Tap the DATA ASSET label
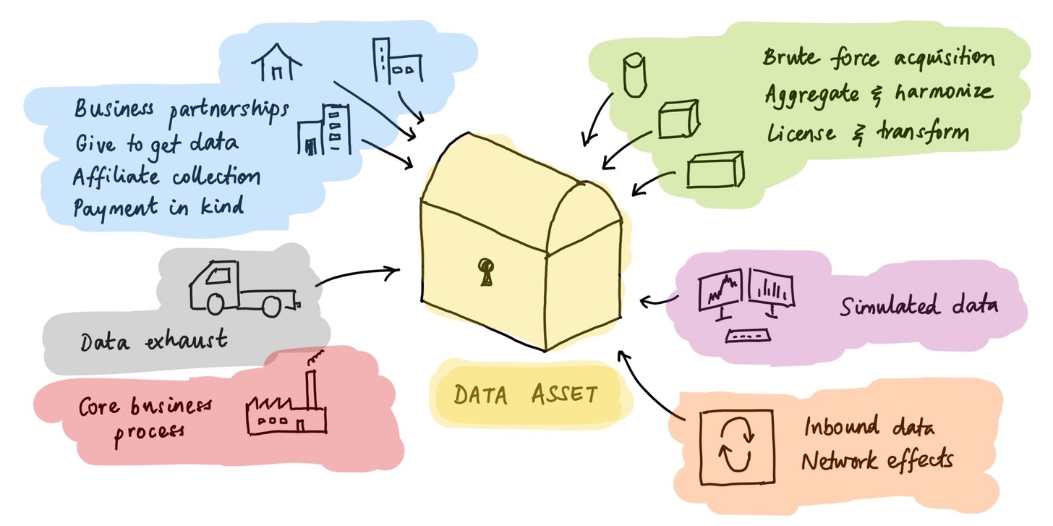[526, 394]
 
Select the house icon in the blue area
[276, 61]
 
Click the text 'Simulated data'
[918, 305]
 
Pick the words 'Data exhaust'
[154, 340]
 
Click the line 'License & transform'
[867, 133]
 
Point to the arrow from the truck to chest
[357, 275]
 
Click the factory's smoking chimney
[311, 383]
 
